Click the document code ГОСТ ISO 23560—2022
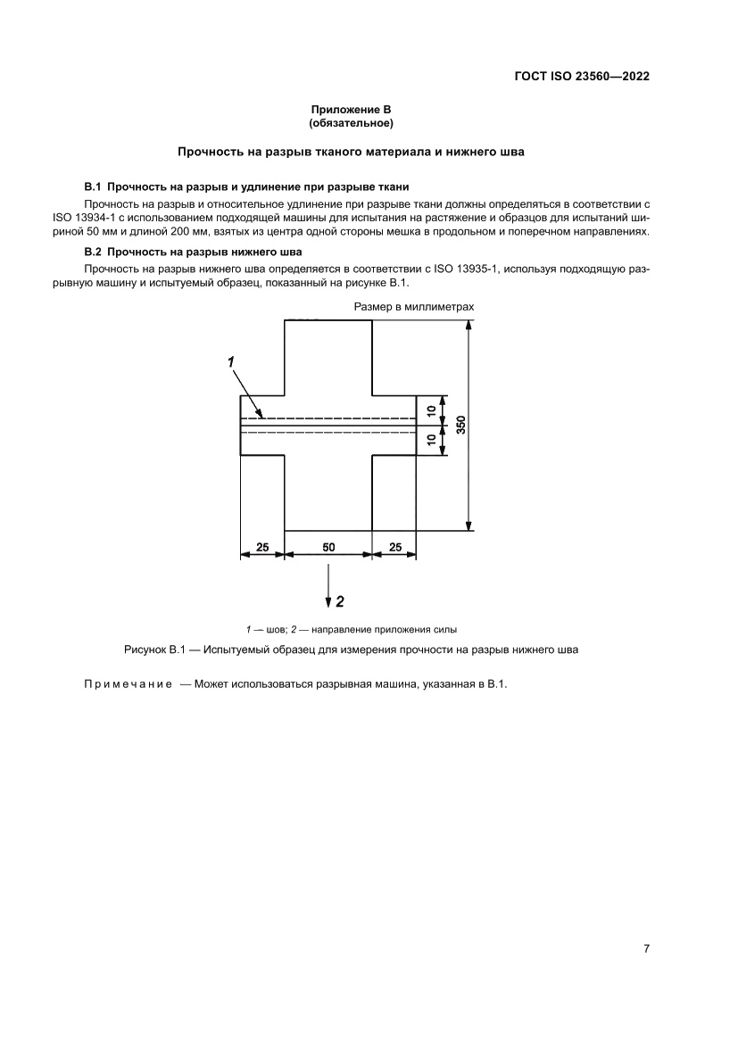[581, 77]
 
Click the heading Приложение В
[351, 109]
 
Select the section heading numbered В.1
[246, 186]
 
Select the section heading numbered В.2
[193, 251]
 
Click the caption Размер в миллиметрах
[413, 306]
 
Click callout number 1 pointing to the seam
[231, 360]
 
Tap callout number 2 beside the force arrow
[340, 601]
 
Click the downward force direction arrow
[328, 589]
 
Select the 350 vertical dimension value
[460, 426]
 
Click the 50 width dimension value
[328, 547]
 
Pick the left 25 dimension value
[262, 547]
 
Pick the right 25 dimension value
[394, 547]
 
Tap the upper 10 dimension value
[432, 410]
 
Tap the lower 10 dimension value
[432, 439]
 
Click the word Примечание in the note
[122, 684]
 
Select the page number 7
[646, 948]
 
